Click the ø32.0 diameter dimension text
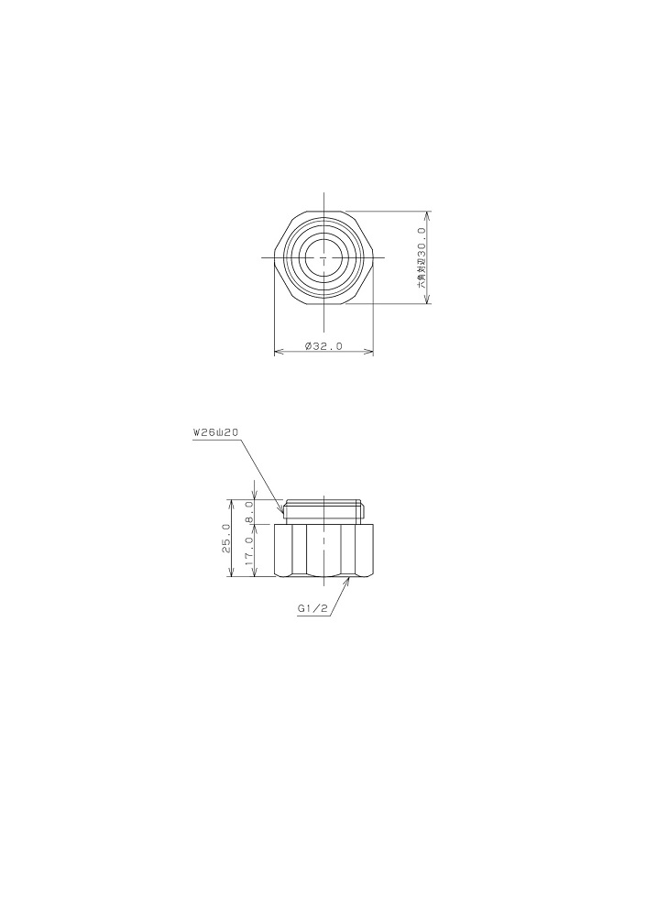(x=323, y=346)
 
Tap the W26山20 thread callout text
(x=214, y=433)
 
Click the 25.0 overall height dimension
(x=226, y=539)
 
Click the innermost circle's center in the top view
(x=323, y=257)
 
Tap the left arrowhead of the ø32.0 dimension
(x=279, y=352)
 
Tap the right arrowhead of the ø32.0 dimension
(x=368, y=352)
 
